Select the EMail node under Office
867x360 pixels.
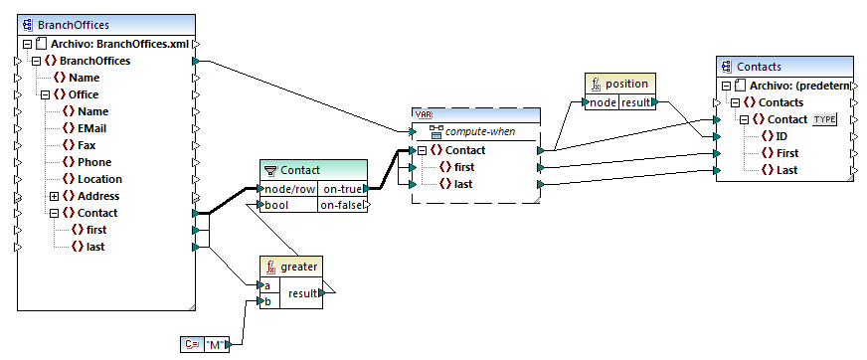coord(92,128)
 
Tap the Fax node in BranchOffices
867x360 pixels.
coord(87,145)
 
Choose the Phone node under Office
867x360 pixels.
coord(93,162)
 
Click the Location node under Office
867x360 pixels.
coord(99,179)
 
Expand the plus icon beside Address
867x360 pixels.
coord(55,196)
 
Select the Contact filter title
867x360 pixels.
coord(299,170)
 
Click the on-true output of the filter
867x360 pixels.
coord(341,189)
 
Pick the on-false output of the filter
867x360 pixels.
coord(341,205)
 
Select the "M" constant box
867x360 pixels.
coord(213,344)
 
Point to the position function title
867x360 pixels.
coord(626,84)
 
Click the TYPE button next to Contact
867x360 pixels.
coord(825,119)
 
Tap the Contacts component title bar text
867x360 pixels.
coord(759,67)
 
